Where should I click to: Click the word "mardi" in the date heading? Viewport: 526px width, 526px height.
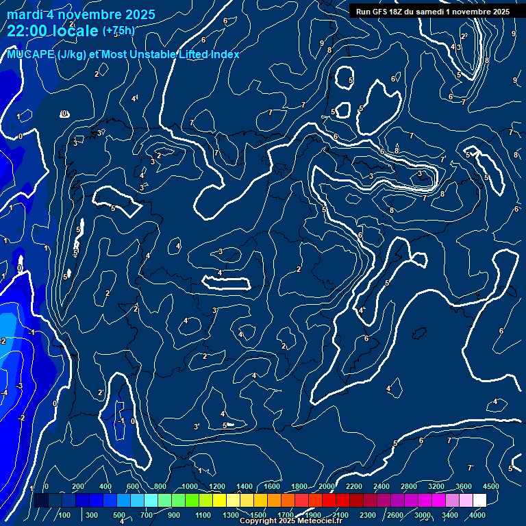(23, 14)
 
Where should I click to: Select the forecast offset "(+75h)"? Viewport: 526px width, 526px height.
(118, 31)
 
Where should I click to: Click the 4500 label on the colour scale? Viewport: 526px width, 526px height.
(490, 486)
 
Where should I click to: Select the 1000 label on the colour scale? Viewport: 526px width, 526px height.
(190, 486)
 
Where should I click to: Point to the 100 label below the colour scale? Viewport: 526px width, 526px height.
(64, 515)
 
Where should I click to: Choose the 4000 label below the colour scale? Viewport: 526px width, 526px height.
(477, 515)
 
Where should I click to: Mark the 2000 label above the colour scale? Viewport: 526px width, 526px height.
(327, 486)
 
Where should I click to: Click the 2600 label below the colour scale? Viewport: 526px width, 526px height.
(395, 515)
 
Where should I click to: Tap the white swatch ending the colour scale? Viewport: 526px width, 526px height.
(479, 501)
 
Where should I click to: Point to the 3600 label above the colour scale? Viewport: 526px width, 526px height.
(464, 486)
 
